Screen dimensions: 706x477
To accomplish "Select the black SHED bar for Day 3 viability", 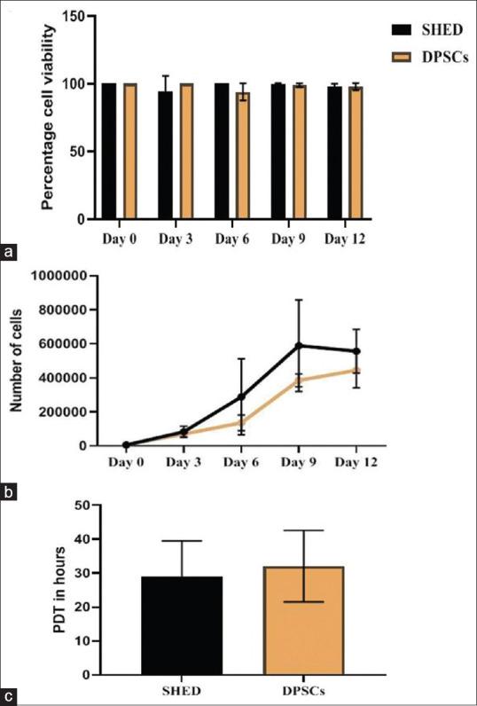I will point(165,155).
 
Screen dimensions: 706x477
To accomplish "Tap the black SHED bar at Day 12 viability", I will point(334,153).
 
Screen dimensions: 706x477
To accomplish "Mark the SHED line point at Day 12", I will point(356,351).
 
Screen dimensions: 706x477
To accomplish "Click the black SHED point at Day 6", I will point(239,396).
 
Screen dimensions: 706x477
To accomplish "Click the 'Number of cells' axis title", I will point(16,360).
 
